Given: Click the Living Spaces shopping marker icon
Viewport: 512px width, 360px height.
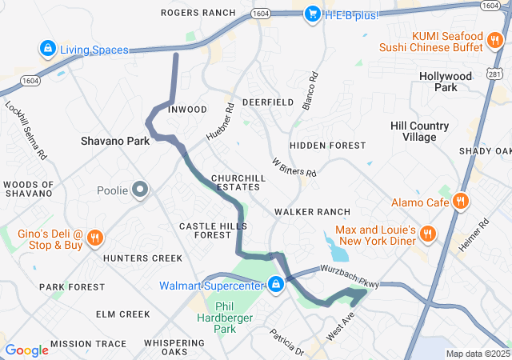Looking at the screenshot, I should [x=48, y=50].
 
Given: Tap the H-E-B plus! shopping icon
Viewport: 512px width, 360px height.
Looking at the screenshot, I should [x=315, y=14].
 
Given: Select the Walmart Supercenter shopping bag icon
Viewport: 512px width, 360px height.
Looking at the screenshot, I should [x=276, y=285].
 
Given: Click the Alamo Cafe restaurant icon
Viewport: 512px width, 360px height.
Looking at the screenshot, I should [x=460, y=202].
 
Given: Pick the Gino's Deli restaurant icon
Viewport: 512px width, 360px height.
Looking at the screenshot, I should [x=94, y=238].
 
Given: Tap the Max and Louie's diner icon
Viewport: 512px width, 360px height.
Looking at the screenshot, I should [x=428, y=234].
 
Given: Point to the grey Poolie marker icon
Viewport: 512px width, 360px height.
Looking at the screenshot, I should [x=141, y=190].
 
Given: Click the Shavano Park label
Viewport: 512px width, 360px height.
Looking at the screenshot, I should [x=115, y=141].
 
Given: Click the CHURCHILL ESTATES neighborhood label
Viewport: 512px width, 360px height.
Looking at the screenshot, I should [x=236, y=182].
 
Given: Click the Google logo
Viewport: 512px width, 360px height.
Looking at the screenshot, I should [x=26, y=350].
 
